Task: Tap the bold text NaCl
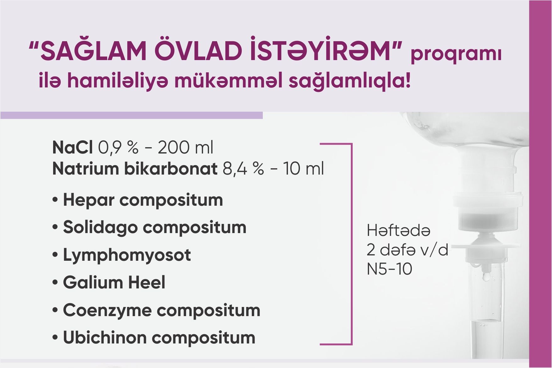click(x=72, y=148)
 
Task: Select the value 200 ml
click(x=185, y=148)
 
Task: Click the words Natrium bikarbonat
click(x=135, y=169)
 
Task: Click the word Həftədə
click(x=398, y=231)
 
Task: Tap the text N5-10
click(x=389, y=269)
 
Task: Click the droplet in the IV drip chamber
click(x=486, y=276)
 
